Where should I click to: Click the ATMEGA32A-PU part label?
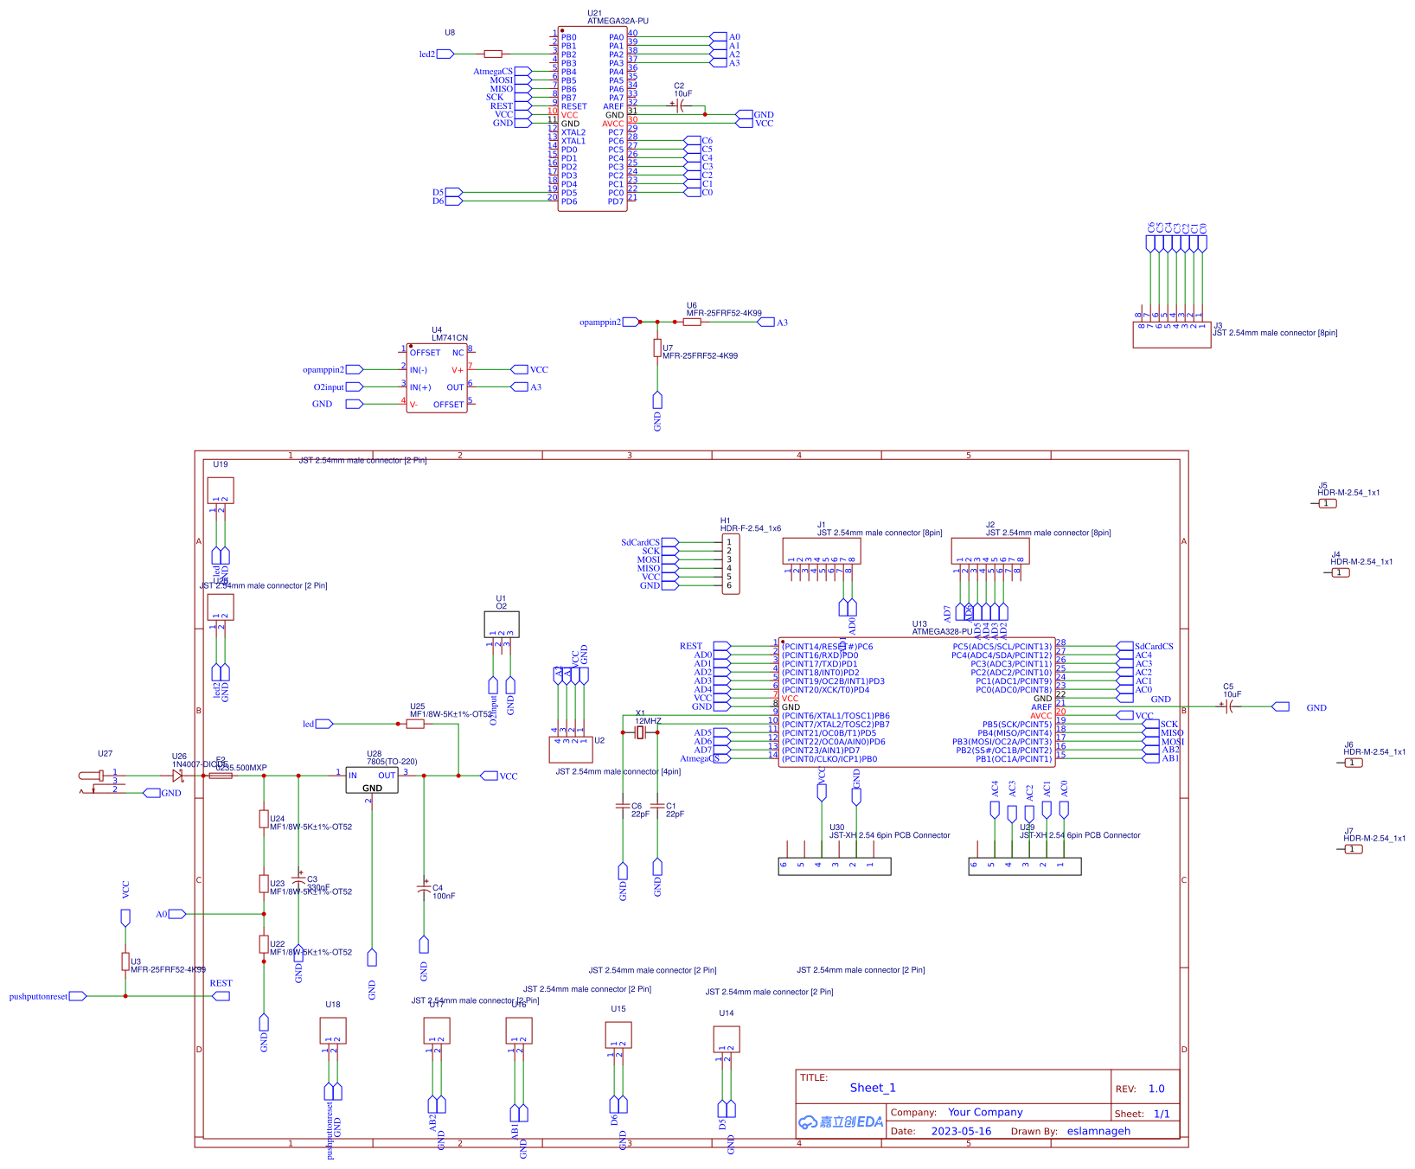coord(618,21)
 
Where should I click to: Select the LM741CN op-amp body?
coord(437,378)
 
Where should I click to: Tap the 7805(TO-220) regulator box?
coord(372,780)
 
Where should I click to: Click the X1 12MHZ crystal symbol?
coord(640,733)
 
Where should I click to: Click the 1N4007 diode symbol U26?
coord(178,776)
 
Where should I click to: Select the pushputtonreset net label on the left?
coord(38,996)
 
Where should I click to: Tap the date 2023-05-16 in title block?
coord(961,1131)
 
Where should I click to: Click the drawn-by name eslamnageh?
coord(1098,1131)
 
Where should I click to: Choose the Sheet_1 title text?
coord(873,1088)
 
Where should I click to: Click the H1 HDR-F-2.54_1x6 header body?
coord(731,564)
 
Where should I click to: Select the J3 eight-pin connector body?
coord(1171,335)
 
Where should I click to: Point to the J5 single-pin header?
coord(1328,503)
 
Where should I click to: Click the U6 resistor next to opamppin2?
coord(692,322)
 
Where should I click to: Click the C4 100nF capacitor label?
coord(443,891)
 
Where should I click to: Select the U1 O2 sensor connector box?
coord(502,624)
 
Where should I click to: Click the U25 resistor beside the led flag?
coord(415,724)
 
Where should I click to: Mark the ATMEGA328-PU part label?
coord(942,631)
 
